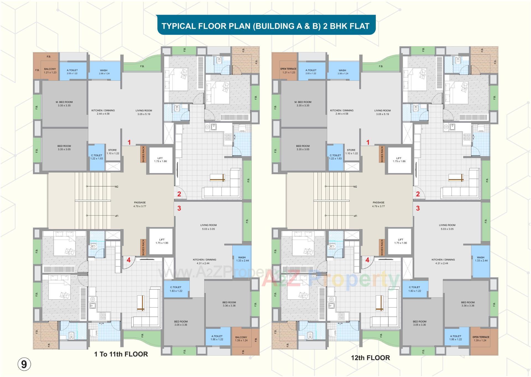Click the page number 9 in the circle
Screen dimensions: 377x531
(24, 364)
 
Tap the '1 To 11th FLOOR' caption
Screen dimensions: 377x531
(121, 354)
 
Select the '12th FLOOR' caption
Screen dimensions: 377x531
(370, 358)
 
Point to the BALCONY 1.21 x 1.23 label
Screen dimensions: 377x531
(50, 71)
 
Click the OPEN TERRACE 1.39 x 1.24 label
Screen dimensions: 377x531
(481, 338)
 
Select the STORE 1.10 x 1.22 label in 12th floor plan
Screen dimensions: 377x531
(351, 152)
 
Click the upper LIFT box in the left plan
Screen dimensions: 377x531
(160, 160)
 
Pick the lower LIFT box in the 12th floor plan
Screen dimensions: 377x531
(400, 241)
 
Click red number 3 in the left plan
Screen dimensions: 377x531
(179, 208)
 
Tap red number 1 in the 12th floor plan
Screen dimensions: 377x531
(368, 142)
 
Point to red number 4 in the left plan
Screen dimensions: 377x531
(129, 260)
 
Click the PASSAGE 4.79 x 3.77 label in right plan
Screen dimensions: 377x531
(378, 204)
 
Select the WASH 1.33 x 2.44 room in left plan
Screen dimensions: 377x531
(242, 259)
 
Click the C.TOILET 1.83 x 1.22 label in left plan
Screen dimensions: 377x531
(176, 289)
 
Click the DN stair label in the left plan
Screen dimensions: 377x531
(116, 186)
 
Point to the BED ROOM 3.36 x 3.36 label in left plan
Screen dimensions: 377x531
(229, 304)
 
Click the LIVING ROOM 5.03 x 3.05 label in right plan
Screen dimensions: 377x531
(447, 227)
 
